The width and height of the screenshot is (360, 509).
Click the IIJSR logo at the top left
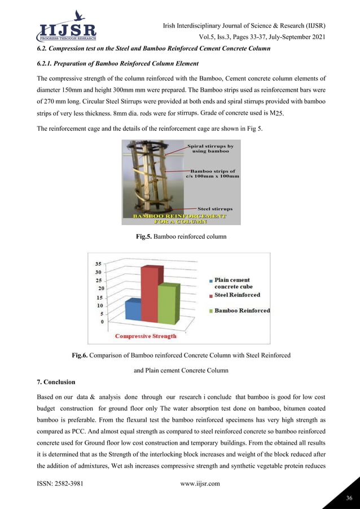point(66,27)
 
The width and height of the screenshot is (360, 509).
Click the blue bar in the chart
point(133,310)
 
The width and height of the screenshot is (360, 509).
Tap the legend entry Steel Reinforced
point(237,295)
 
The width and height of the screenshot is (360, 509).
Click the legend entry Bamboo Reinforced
point(242,310)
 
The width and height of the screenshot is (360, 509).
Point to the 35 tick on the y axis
point(98,264)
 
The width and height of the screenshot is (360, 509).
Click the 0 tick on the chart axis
point(102,322)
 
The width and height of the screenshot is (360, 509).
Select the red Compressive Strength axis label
point(146,336)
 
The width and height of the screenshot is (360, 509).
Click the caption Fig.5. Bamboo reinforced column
point(181,237)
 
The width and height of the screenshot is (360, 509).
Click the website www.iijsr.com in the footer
point(195,484)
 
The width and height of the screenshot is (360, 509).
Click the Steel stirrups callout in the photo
point(215,209)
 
